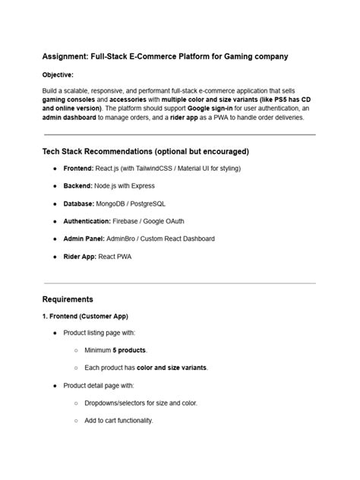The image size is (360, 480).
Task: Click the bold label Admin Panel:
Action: (x=85, y=238)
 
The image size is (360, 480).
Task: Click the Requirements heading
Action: (x=68, y=299)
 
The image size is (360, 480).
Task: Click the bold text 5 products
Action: (x=129, y=350)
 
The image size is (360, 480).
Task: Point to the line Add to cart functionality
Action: (x=118, y=420)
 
